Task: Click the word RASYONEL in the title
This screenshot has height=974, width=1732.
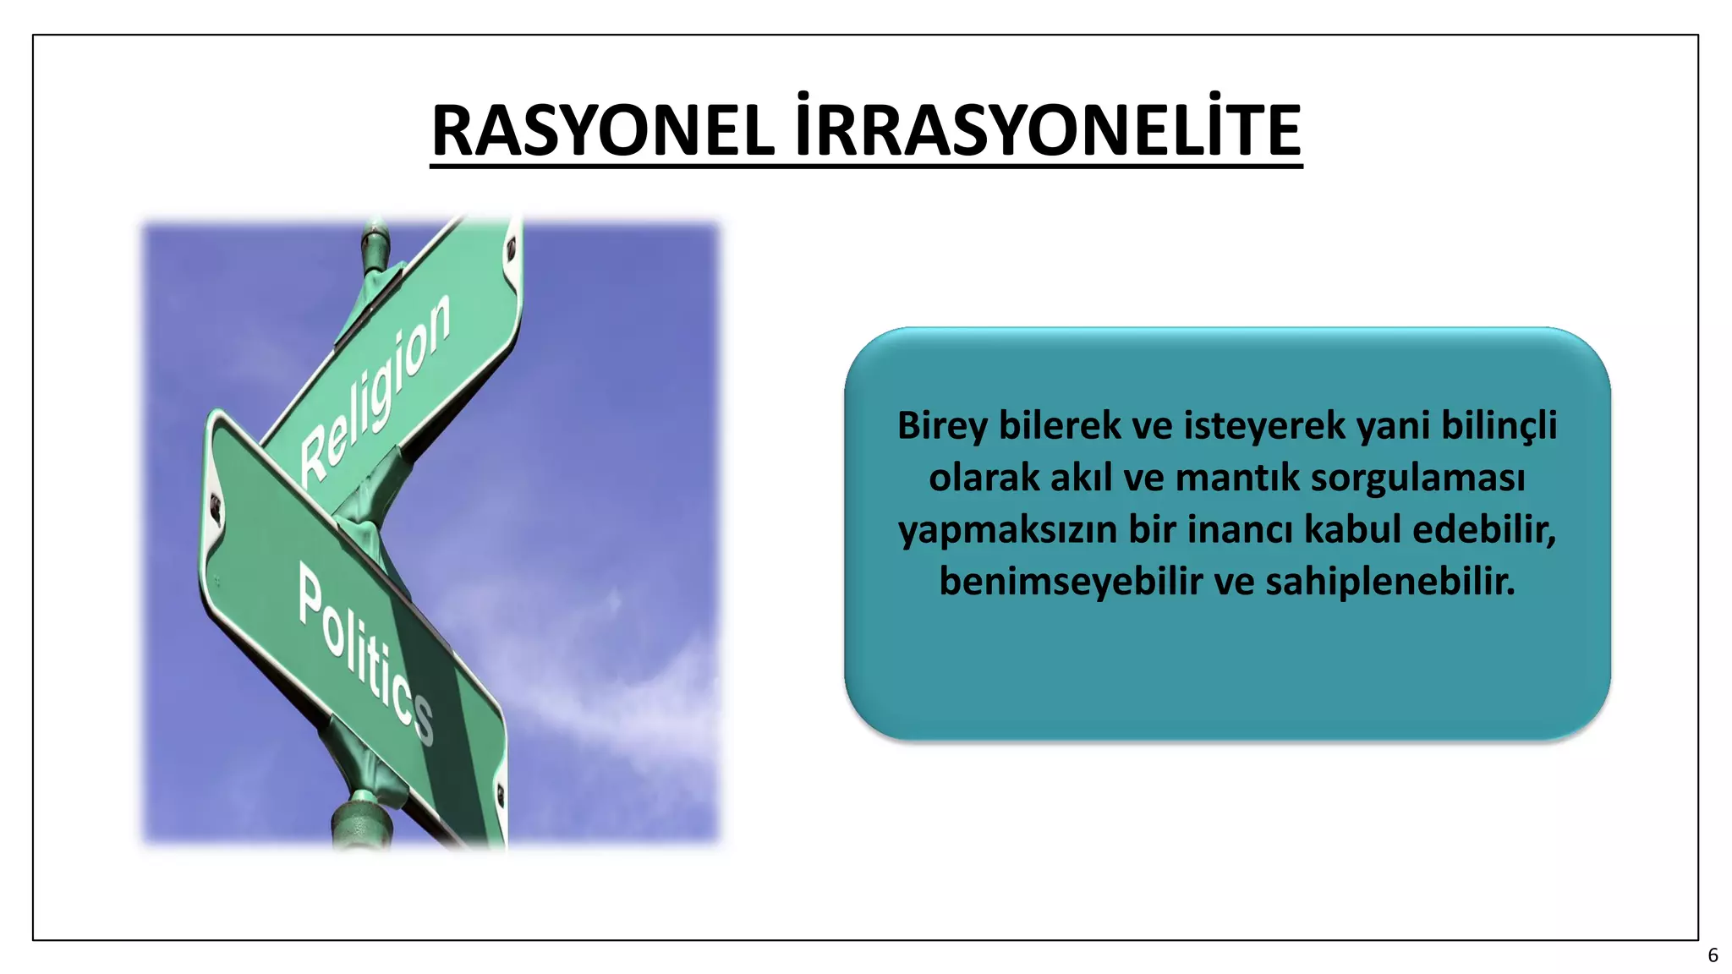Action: click(x=603, y=132)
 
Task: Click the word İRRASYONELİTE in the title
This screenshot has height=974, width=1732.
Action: click(x=1048, y=132)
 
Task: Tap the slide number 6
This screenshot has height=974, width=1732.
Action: click(x=1713, y=955)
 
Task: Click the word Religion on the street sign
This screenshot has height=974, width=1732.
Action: click(x=377, y=388)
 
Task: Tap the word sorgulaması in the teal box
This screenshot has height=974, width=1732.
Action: click(x=1418, y=478)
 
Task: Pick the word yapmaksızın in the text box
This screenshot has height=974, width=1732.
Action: click(x=1008, y=530)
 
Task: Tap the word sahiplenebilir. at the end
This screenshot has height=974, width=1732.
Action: click(x=1390, y=582)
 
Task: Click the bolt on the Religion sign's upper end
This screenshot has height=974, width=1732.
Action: click(x=511, y=250)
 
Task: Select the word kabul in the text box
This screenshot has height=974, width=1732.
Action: click(x=1353, y=530)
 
